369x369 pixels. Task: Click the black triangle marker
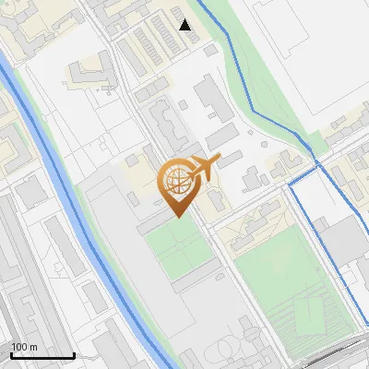185,25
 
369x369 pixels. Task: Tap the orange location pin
180,189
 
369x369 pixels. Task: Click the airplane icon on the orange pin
204,167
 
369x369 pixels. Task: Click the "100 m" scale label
24,347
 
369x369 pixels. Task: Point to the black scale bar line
42,356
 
